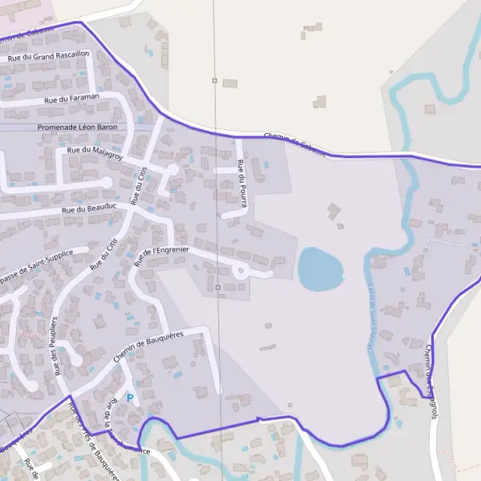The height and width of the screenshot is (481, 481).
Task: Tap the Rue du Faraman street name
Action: (x=72, y=98)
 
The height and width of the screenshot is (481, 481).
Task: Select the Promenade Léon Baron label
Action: (x=78, y=127)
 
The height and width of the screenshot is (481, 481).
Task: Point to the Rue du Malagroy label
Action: (x=95, y=149)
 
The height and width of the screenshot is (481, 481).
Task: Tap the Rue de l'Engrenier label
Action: (x=162, y=255)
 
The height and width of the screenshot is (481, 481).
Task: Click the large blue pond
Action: (x=320, y=269)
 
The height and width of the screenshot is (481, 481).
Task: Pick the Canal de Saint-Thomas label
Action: (x=371, y=315)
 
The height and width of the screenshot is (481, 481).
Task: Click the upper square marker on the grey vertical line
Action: (x=215, y=81)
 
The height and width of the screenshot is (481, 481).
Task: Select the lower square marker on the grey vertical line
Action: (x=217, y=286)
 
